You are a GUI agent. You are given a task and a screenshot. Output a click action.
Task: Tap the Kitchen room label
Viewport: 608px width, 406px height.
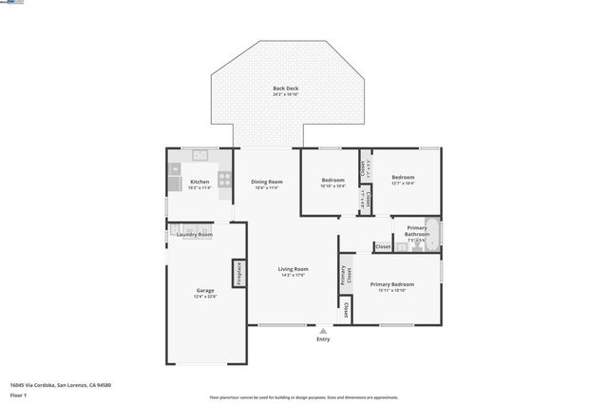pyautogui.click(x=199, y=182)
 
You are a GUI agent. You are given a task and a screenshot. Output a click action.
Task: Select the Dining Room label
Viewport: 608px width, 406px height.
pyautogui.click(x=267, y=182)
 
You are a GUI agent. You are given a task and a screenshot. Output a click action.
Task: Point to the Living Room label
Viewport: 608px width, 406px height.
pyautogui.click(x=293, y=269)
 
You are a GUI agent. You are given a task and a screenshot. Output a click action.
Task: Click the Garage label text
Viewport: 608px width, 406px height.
pyautogui.click(x=205, y=290)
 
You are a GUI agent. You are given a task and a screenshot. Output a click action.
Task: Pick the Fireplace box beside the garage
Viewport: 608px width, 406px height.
pyautogui.click(x=239, y=273)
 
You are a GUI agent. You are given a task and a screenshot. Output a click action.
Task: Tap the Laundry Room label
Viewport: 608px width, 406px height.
pyautogui.click(x=195, y=234)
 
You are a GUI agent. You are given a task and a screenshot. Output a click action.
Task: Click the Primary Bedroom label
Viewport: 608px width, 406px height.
pyautogui.click(x=392, y=284)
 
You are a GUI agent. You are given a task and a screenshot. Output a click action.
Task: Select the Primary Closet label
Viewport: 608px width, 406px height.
pyautogui.click(x=345, y=275)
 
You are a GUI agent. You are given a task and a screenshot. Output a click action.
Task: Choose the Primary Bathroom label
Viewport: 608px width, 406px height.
pyautogui.click(x=417, y=228)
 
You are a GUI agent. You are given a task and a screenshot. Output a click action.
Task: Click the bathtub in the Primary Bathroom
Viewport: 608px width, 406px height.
pyautogui.click(x=431, y=233)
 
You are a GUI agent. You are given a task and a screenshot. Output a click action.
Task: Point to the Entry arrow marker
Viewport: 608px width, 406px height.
pyautogui.click(x=323, y=330)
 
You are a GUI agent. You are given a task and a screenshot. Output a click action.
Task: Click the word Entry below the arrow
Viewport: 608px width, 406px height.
pyautogui.click(x=323, y=339)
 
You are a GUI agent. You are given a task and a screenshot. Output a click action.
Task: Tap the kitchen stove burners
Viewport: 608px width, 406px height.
pyautogui.click(x=225, y=177)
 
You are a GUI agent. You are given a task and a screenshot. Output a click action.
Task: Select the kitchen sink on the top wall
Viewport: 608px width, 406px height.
pyautogui.click(x=200, y=155)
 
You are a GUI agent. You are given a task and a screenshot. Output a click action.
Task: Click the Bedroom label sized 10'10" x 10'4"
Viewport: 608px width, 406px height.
pyautogui.click(x=332, y=180)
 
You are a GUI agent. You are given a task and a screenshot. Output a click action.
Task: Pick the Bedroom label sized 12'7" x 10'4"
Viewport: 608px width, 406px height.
pyautogui.click(x=404, y=177)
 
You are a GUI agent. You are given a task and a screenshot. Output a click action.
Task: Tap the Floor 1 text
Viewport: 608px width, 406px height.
pyautogui.click(x=18, y=395)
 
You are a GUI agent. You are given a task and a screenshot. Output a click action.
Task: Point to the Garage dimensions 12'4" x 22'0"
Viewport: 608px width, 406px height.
pyautogui.click(x=205, y=297)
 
